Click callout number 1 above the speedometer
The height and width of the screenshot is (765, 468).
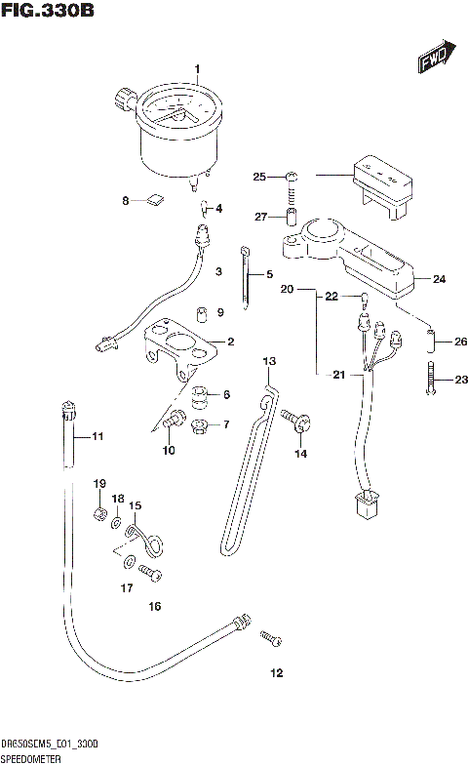pyautogui.click(x=197, y=69)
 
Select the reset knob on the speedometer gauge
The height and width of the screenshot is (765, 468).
pyautogui.click(x=125, y=98)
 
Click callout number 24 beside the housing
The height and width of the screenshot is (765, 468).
pyautogui.click(x=439, y=279)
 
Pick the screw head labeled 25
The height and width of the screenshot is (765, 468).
pyautogui.click(x=292, y=178)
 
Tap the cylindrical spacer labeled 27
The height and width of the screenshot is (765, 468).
pyautogui.click(x=291, y=216)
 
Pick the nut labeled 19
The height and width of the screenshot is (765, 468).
pyautogui.click(x=100, y=512)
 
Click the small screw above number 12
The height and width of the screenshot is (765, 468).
pyautogui.click(x=270, y=639)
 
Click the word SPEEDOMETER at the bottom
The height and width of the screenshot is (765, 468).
pyautogui.click(x=34, y=757)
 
